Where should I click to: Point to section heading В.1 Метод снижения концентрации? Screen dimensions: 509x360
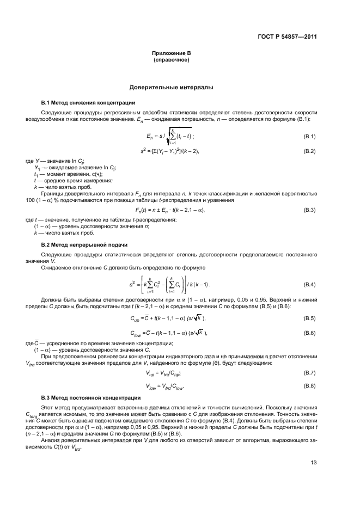(89, 102)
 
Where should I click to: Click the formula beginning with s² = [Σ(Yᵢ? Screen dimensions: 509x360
(169, 150)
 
